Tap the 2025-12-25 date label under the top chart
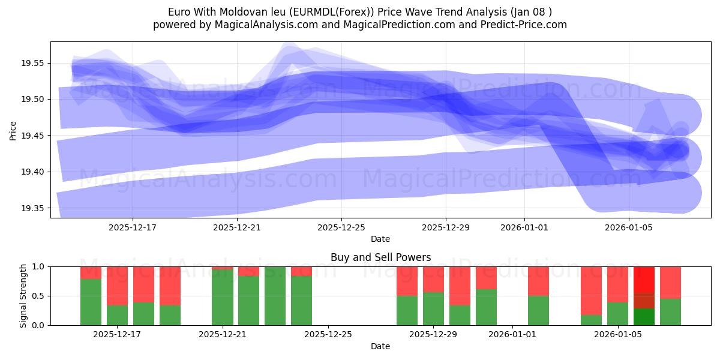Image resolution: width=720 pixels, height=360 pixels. click(341, 227)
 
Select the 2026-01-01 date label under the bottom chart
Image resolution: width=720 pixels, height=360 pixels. click(512, 335)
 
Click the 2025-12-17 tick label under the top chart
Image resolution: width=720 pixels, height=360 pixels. click(133, 227)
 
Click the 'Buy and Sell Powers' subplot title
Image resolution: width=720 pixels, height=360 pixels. click(380, 257)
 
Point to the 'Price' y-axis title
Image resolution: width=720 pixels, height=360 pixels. click(13, 130)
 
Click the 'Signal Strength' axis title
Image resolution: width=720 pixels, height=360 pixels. click(23, 296)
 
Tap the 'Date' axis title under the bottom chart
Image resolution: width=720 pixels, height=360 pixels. click(380, 346)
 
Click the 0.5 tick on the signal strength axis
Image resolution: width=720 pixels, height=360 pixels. click(39, 296)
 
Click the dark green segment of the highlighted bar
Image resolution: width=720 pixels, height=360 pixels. click(644, 317)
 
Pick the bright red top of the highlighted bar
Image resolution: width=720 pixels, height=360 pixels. click(644, 279)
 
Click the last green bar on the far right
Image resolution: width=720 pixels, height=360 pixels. click(670, 312)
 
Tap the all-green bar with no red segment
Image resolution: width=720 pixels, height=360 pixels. click(275, 296)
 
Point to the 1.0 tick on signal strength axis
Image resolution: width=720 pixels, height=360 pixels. click(39, 266)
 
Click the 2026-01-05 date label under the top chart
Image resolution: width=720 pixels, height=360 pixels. click(628, 227)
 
